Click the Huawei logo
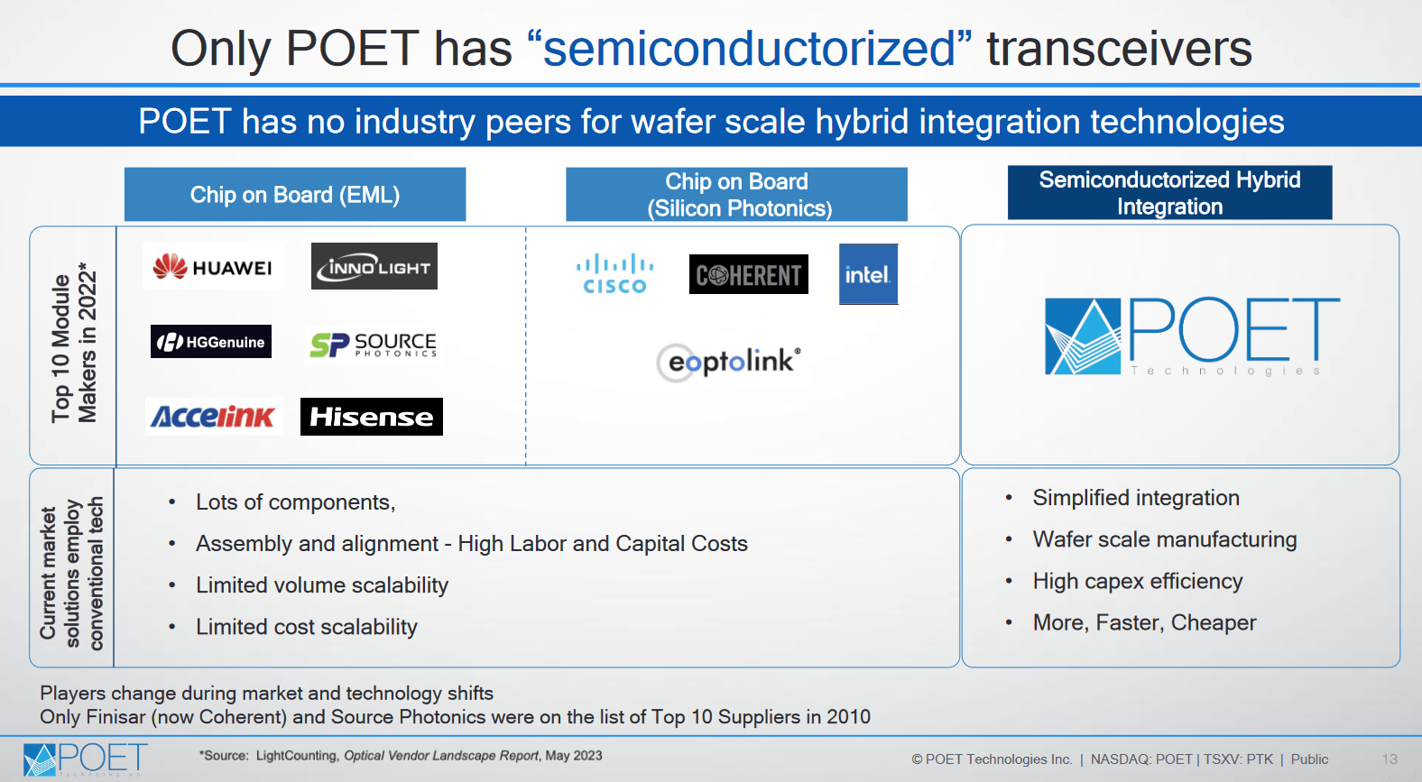[x=213, y=267]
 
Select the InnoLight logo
[x=374, y=267]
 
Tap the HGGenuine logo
[x=211, y=342]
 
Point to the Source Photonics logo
[x=373, y=344]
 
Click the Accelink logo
[x=214, y=417]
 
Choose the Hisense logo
[x=372, y=417]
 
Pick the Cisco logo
[x=614, y=273]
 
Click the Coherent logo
[x=749, y=274]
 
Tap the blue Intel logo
[x=868, y=274]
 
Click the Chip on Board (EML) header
[x=295, y=195]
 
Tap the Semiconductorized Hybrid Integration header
[x=1169, y=193]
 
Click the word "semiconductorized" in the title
[x=749, y=49]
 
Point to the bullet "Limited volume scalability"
[x=322, y=585]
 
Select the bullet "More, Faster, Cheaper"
[x=1144, y=622]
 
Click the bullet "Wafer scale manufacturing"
[x=1164, y=539]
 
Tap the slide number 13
[x=1390, y=759]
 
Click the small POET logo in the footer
[x=85, y=759]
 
